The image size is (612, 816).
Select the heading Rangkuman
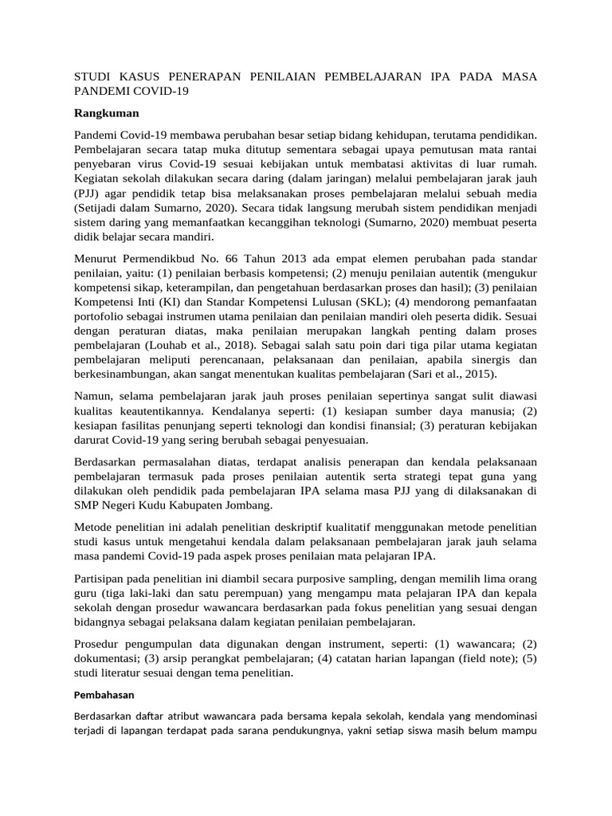pos(106,113)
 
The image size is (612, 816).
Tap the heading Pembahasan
pos(104,695)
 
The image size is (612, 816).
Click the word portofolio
pos(100,316)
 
